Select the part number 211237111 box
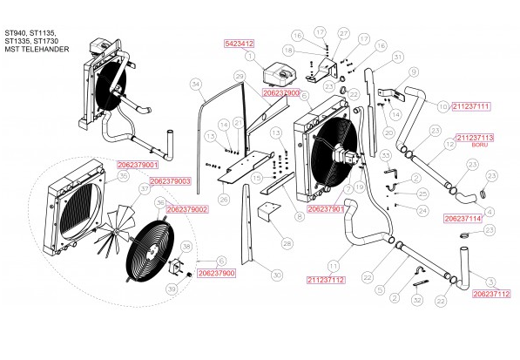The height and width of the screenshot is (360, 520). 471,106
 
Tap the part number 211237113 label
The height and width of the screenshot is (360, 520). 475,138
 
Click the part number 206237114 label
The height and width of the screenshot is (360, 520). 463,219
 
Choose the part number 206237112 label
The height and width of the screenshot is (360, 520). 490,295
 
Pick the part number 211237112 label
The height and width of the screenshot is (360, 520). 327,280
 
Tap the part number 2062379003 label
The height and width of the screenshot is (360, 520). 171,181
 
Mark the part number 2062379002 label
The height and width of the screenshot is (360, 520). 186,210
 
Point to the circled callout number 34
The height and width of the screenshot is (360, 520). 196,85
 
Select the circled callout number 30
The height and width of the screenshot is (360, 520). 276,275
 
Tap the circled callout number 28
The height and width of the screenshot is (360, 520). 287,245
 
